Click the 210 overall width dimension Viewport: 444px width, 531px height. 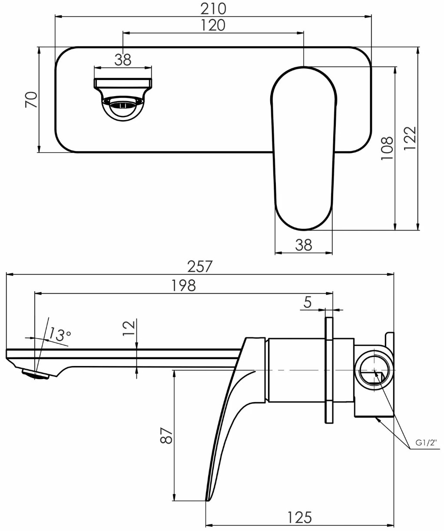pos(213,9)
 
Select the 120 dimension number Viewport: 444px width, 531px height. pos(213,25)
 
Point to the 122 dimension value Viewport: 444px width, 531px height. pos(410,138)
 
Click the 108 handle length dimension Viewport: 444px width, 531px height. pos(387,148)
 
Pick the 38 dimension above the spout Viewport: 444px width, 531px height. pos(123,60)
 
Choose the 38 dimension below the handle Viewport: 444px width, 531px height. pos(304,245)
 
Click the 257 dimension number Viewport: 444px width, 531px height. pos(199,266)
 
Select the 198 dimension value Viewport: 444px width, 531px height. pos(183,286)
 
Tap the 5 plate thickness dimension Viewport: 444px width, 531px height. pos(308,302)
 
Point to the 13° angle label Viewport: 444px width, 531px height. pos(60,334)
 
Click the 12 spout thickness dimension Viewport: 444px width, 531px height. pos(129,328)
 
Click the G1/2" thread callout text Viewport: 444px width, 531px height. pos(426,450)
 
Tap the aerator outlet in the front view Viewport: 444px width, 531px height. pos(123,105)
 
